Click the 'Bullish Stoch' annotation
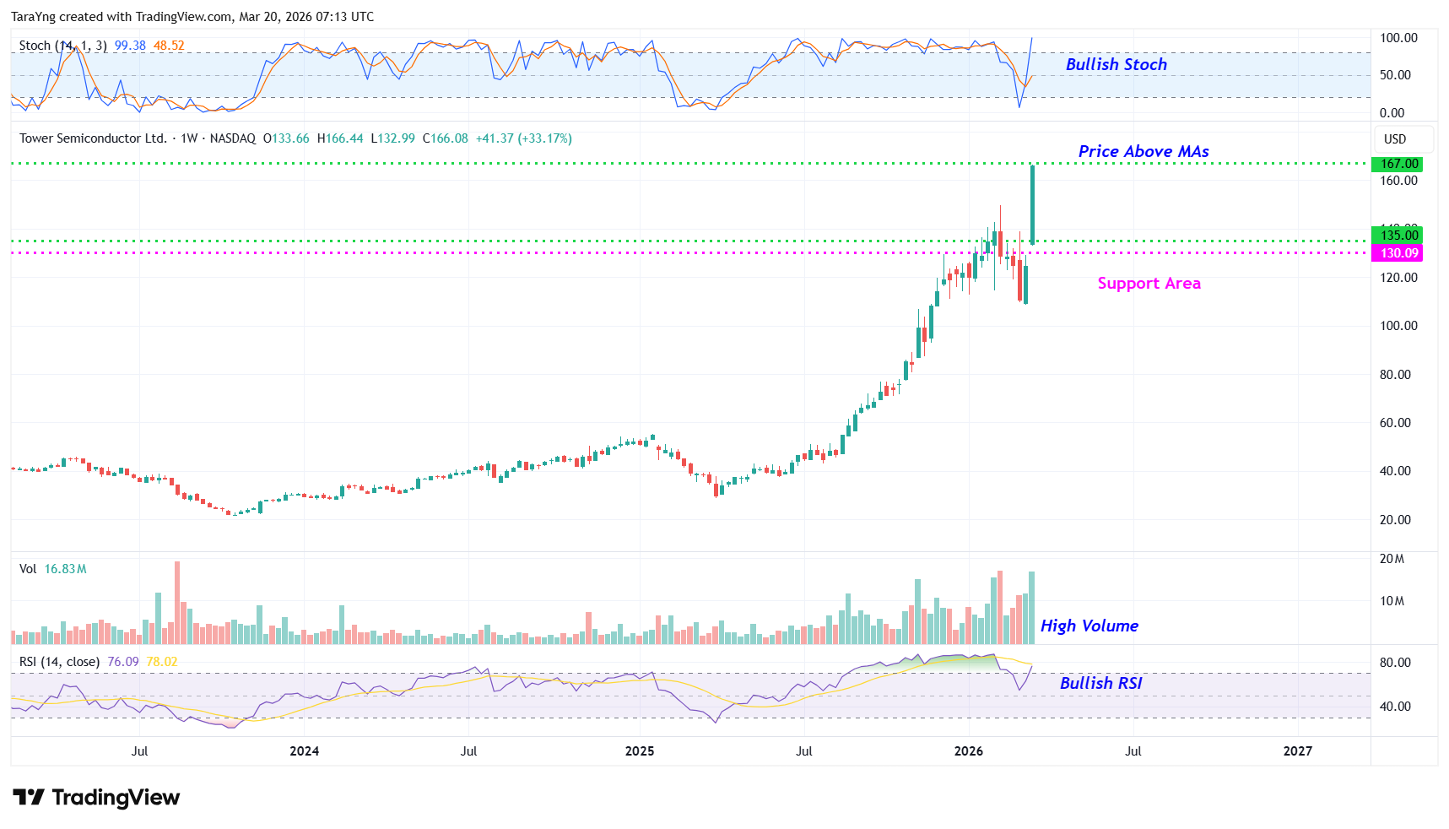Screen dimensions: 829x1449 click(1116, 64)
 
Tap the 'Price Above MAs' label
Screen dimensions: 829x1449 click(1143, 151)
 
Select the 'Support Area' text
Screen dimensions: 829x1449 click(1149, 283)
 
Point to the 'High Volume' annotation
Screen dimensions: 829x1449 click(1089, 626)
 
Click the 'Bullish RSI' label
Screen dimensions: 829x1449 click(1100, 683)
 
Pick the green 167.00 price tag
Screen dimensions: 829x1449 click(1398, 164)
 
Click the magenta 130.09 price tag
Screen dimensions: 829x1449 click(1398, 253)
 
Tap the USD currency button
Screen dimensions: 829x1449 click(1395, 139)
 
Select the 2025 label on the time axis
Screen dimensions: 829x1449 click(640, 751)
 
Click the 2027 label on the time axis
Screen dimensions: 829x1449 click(1297, 751)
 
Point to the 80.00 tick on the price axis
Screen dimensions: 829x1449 click(1395, 375)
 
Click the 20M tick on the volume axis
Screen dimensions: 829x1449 click(1392, 559)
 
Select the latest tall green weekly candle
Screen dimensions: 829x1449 click(1032, 204)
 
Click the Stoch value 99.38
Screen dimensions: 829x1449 click(130, 46)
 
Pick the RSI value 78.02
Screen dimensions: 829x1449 click(162, 662)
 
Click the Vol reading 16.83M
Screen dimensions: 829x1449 click(65, 569)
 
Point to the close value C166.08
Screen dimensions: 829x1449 click(445, 138)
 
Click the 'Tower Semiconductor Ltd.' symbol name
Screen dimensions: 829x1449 click(93, 138)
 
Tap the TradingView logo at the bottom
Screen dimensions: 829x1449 click(96, 798)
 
